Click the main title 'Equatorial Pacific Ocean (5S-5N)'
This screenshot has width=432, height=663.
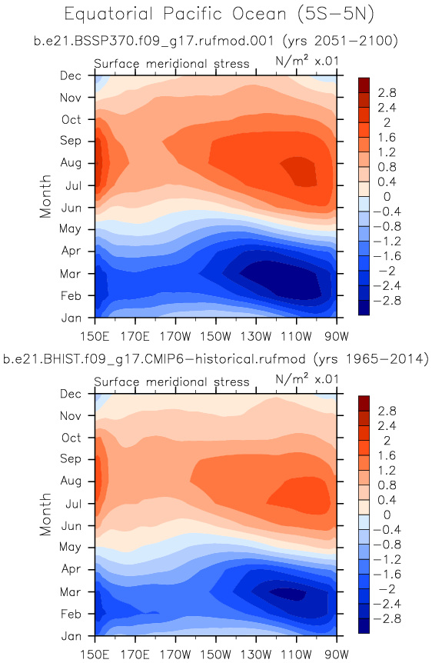[x=219, y=14]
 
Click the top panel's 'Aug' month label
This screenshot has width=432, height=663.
[x=71, y=163]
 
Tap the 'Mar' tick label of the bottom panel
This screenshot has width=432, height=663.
[x=70, y=591]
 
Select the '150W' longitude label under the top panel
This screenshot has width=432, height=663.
[x=215, y=337]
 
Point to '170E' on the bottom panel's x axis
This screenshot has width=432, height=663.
[x=135, y=655]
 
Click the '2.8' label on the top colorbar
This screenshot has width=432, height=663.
[x=387, y=92]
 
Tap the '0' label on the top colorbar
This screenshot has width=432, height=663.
[x=387, y=197]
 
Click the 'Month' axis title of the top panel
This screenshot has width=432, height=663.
[x=45, y=196]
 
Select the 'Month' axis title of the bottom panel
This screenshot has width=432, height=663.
[x=45, y=514]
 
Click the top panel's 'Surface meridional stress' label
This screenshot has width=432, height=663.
[x=171, y=64]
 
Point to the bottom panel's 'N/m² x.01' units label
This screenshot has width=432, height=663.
[x=307, y=378]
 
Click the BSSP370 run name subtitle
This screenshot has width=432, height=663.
[x=215, y=41]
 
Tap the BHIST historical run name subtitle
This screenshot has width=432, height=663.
[x=215, y=359]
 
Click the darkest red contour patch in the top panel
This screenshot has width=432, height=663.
[x=300, y=171]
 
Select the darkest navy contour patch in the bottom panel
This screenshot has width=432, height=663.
[x=287, y=594]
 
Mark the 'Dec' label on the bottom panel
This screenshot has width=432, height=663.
[x=71, y=394]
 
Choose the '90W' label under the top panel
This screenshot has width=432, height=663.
[x=337, y=337]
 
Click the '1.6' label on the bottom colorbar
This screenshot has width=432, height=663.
[x=387, y=455]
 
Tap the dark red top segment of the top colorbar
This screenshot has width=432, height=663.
[x=364, y=85]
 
